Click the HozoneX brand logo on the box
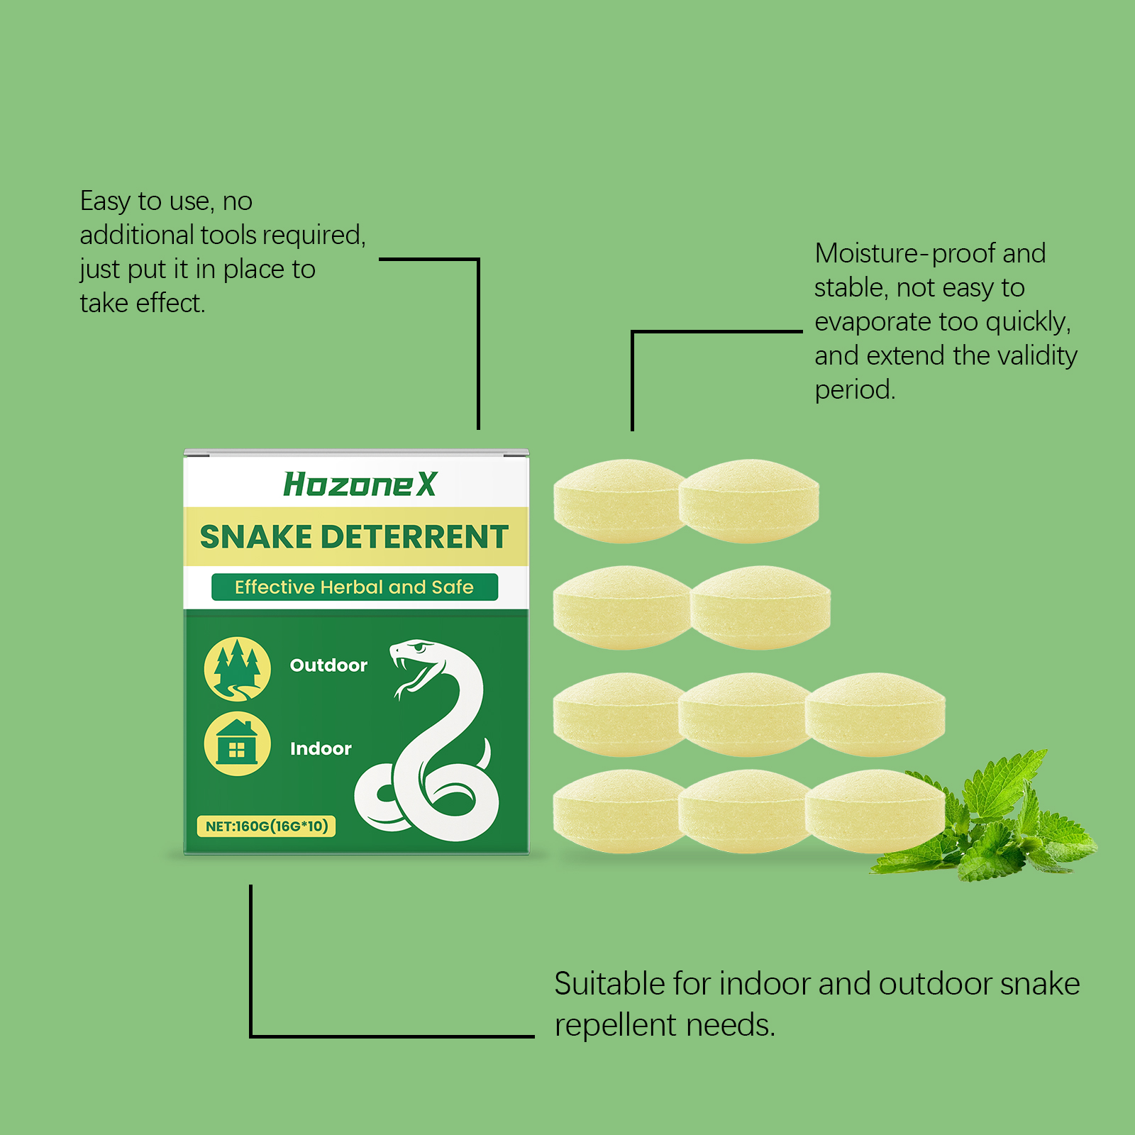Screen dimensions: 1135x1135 coord(360,485)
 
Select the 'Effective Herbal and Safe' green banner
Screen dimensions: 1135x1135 coord(355,587)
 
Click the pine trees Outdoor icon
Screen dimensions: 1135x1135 coord(237,668)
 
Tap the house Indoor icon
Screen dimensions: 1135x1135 coord(237,743)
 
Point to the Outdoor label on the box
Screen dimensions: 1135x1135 coord(328,665)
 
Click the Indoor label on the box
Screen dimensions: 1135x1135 coord(321,748)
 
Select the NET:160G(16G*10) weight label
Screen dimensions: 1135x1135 coord(267,826)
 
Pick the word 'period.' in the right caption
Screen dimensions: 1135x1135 coord(856,389)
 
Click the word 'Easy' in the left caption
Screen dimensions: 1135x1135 coord(106,201)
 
